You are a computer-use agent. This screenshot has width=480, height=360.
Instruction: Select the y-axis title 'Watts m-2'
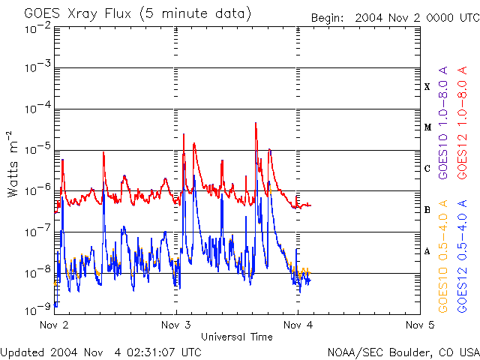(x=13, y=163)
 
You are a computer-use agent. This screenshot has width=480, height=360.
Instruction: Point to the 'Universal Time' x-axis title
(x=237, y=337)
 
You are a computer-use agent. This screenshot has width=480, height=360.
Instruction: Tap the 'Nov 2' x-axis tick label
(x=54, y=325)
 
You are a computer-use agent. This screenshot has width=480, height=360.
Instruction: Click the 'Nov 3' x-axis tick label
(x=176, y=325)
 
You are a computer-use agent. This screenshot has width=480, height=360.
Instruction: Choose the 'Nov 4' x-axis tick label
(x=298, y=325)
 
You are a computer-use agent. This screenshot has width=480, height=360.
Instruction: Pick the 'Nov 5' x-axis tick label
(x=419, y=325)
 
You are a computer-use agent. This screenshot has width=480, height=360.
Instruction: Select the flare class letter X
(x=427, y=87)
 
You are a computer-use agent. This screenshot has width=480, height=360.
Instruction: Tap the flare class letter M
(x=427, y=127)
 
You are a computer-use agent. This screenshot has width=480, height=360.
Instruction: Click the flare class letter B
(x=427, y=210)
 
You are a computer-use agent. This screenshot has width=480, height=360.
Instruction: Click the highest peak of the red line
(x=256, y=122)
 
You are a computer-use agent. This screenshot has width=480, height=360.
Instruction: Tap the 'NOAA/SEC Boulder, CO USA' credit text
(x=403, y=352)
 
